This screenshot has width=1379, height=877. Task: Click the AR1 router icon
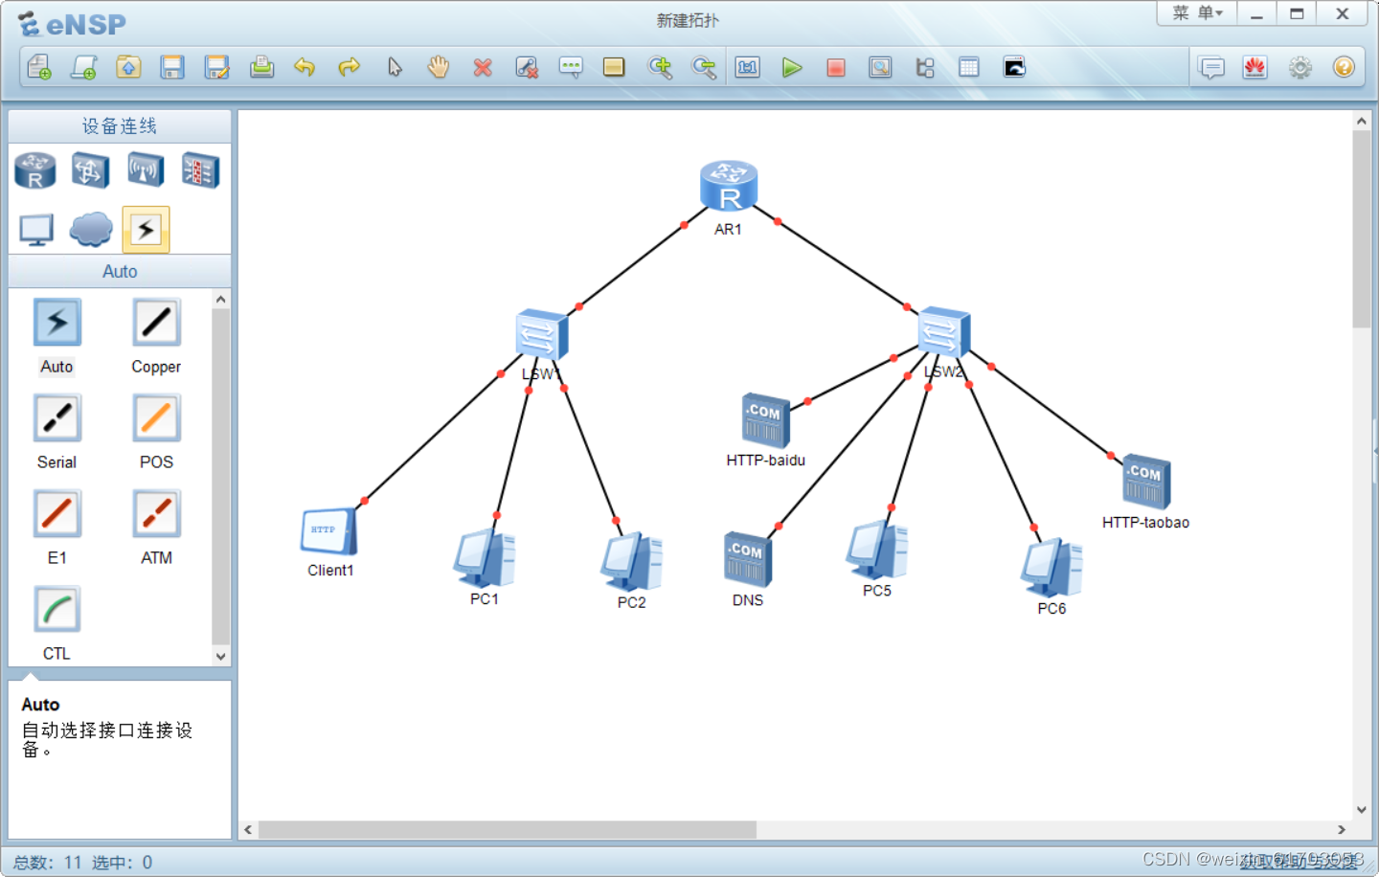(x=729, y=187)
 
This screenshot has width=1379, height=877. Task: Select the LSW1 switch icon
(x=542, y=336)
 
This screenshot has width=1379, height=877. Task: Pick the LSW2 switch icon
(x=944, y=333)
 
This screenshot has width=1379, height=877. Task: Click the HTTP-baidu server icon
(x=765, y=420)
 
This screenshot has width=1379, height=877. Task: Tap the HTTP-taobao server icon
(x=1145, y=482)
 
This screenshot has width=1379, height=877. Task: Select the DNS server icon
(x=747, y=559)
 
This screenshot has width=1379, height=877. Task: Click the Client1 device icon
(x=328, y=531)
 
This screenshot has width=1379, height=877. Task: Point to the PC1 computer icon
(x=485, y=558)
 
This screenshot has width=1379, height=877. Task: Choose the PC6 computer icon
(x=1051, y=568)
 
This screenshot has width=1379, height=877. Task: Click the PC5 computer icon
(x=876, y=551)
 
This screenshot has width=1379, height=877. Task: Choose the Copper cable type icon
(x=156, y=323)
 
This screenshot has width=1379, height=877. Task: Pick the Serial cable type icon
(x=57, y=418)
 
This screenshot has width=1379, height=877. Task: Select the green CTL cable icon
(x=57, y=610)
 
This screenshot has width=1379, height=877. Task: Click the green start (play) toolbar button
(x=792, y=67)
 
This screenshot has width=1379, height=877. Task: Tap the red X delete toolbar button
(x=483, y=67)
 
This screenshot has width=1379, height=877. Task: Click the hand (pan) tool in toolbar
(x=439, y=67)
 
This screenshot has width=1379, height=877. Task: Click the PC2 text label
(x=631, y=602)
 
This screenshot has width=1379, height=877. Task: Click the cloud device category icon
(x=91, y=230)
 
